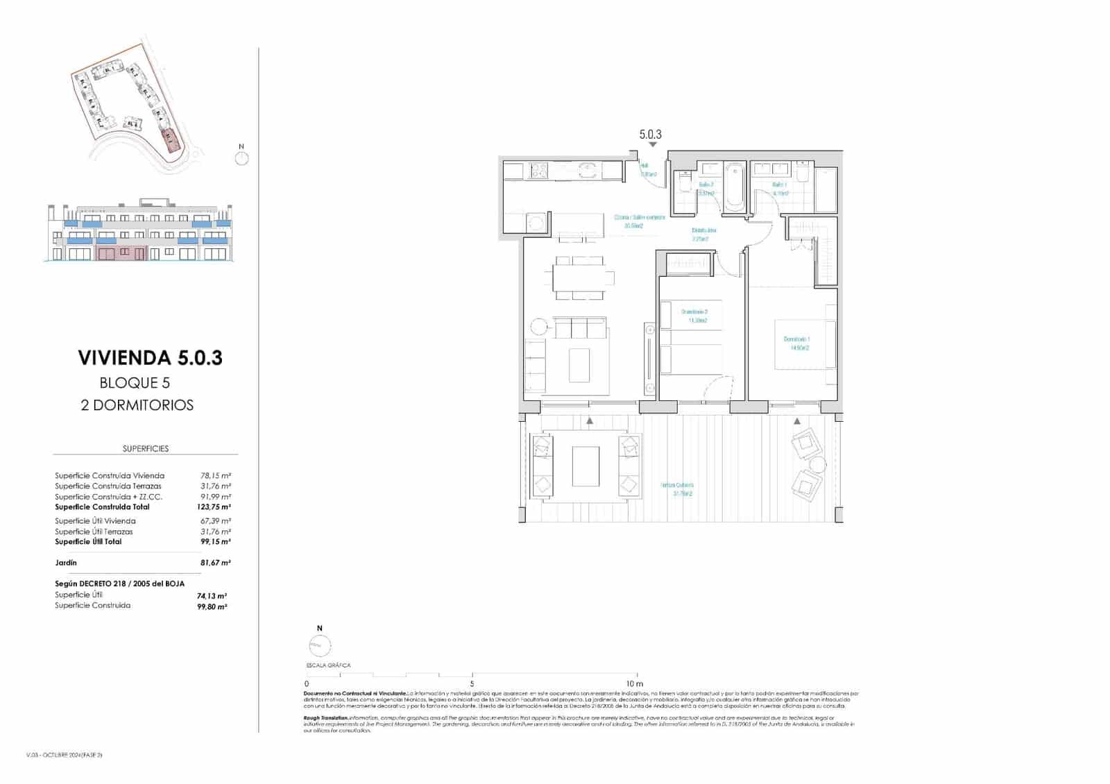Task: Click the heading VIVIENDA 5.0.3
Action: [x=150, y=358]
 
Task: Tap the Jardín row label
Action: [x=66, y=563]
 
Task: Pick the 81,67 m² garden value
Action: [x=215, y=563]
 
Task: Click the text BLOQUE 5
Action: [x=135, y=383]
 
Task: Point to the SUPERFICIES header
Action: [x=146, y=449]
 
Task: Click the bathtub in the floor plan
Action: [x=735, y=187]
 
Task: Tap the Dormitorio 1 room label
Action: [x=796, y=343]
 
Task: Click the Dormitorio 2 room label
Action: [x=694, y=316]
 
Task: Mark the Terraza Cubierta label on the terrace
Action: [x=676, y=489]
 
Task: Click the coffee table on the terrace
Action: [x=586, y=466]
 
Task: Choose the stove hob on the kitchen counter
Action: [x=538, y=170]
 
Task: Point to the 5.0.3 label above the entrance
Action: [x=650, y=135]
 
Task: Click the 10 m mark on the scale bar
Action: [x=634, y=683]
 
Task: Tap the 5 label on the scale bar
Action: [x=472, y=683]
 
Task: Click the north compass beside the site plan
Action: [x=241, y=159]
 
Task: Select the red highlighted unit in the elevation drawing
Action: [x=121, y=254]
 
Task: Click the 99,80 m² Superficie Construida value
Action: [x=212, y=606]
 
